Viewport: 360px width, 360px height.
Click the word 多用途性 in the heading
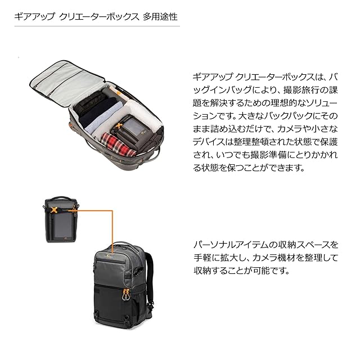click(160, 17)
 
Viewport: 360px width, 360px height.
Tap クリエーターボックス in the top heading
click(99, 17)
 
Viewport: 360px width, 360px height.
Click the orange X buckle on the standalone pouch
click(54, 210)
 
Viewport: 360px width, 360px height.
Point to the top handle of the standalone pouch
click(60, 198)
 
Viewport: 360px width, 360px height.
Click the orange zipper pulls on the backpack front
click(125, 295)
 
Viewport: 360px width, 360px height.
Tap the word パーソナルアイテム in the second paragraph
click(231, 245)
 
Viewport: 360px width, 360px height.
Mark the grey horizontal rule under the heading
click(97, 26)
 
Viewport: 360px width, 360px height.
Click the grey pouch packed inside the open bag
click(130, 131)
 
